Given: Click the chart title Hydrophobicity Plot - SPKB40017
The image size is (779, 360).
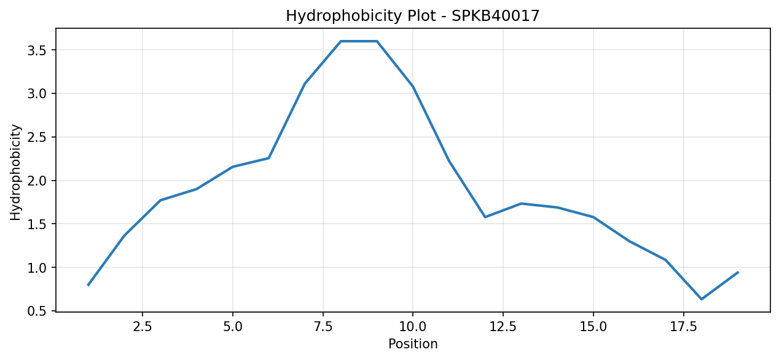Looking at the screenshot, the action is coord(412,16).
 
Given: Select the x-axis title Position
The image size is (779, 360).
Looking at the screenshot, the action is coord(413,344).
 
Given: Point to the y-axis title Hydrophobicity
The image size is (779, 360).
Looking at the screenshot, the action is coord(15,173).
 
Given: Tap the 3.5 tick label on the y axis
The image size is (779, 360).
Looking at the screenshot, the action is coord(37,50).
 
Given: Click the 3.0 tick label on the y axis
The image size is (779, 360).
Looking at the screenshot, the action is coord(37,94).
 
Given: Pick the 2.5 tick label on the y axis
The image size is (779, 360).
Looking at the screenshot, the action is coord(37,138).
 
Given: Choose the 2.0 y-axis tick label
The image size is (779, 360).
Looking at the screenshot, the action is coord(37,181).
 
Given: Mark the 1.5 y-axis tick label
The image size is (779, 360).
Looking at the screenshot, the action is coord(37,224).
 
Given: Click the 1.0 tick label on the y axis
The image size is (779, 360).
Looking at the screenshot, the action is coord(37,267).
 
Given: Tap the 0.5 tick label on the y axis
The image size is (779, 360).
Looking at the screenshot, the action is coord(37,311).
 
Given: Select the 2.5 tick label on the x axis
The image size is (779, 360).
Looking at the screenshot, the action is coord(143,327).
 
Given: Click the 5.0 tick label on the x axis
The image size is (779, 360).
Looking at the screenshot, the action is coord(233,327).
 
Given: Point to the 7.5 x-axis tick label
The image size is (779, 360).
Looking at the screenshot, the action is coord(323,327).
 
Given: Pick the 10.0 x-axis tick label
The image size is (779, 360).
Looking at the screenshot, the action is coord(413,327).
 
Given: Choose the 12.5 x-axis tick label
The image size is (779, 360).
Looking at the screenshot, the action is coord(503,327).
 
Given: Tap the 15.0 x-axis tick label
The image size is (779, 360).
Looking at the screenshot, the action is coord(593,327).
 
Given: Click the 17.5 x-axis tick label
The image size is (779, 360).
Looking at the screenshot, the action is coord(684,327).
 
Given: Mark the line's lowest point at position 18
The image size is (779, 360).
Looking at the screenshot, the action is coord(702,299).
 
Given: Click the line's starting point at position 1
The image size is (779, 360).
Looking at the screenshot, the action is coord(88,285).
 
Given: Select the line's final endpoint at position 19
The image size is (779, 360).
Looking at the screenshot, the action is coord(738,272).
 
